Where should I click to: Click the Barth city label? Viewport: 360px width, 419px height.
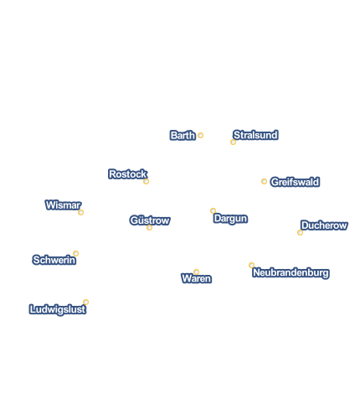pyautogui.click(x=183, y=136)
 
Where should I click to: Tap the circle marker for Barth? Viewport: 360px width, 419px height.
pyautogui.click(x=200, y=136)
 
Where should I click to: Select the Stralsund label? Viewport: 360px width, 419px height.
pyautogui.click(x=255, y=135)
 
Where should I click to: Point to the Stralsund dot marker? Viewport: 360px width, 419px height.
pyautogui.click(x=233, y=142)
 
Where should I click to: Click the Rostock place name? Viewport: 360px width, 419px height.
pyautogui.click(x=128, y=174)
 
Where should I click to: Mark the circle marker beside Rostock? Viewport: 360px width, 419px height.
pyautogui.click(x=146, y=182)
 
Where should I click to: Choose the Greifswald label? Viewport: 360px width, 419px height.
pyautogui.click(x=295, y=182)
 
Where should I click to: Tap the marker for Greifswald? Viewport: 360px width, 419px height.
pyautogui.click(x=264, y=182)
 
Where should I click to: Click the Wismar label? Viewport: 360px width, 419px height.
pyautogui.click(x=63, y=205)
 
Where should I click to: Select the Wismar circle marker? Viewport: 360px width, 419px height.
pyautogui.click(x=80, y=213)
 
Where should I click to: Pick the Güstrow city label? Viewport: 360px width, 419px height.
pyautogui.click(x=150, y=220)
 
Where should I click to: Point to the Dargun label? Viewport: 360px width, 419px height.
pyautogui.click(x=230, y=219)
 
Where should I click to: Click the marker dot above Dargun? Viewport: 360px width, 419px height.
pyautogui.click(x=213, y=210)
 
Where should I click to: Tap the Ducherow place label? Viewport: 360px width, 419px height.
pyautogui.click(x=324, y=225)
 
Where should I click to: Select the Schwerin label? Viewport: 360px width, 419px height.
pyautogui.click(x=54, y=260)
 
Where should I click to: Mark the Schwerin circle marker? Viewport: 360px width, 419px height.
pyautogui.click(x=75, y=254)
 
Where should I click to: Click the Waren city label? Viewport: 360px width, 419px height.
pyautogui.click(x=197, y=278)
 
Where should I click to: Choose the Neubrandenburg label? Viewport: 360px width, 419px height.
pyautogui.click(x=291, y=272)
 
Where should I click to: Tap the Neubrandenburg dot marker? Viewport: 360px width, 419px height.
pyautogui.click(x=251, y=265)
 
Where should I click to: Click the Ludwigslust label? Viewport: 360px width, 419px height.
pyautogui.click(x=58, y=309)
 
